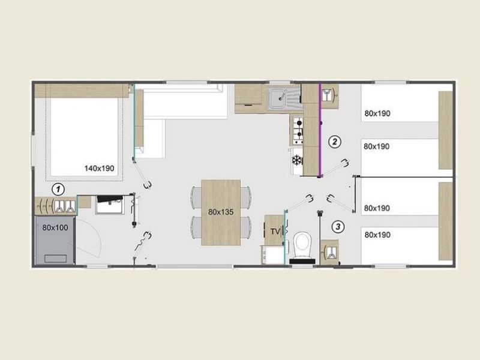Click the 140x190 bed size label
tap(99, 169)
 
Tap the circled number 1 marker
tap(58, 190)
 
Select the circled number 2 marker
tap(335, 142)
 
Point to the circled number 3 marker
tap(338, 227)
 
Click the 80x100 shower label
tap(55, 228)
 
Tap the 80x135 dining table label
tap(221, 212)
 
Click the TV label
tap(275, 232)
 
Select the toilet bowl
tap(302, 245)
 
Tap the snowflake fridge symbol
tap(296, 160)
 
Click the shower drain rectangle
tap(55, 259)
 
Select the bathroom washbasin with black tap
tap(110, 205)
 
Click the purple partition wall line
tap(320, 130)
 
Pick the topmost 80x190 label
tap(377, 113)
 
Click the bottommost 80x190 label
tap(377, 235)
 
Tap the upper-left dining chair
tap(196, 197)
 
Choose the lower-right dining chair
tap(246, 227)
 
